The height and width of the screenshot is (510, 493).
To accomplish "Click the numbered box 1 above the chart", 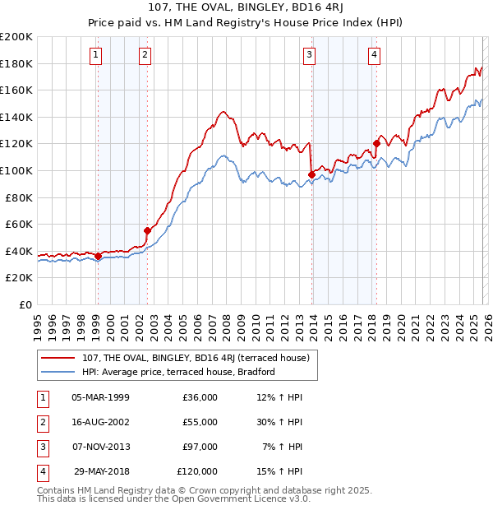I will [96, 55].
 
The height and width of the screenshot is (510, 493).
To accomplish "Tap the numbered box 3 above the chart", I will [310, 55].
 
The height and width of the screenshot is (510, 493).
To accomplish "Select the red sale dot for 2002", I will [147, 230].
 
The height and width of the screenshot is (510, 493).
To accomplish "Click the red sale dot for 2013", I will [311, 174].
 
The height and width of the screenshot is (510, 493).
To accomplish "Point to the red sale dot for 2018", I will [376, 143].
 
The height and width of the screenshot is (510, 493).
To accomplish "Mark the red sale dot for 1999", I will [98, 256].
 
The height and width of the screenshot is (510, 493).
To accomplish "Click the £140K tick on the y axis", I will [16, 117].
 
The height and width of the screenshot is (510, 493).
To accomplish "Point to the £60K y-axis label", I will [19, 224].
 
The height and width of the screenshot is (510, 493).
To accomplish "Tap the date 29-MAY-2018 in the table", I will [101, 471].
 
